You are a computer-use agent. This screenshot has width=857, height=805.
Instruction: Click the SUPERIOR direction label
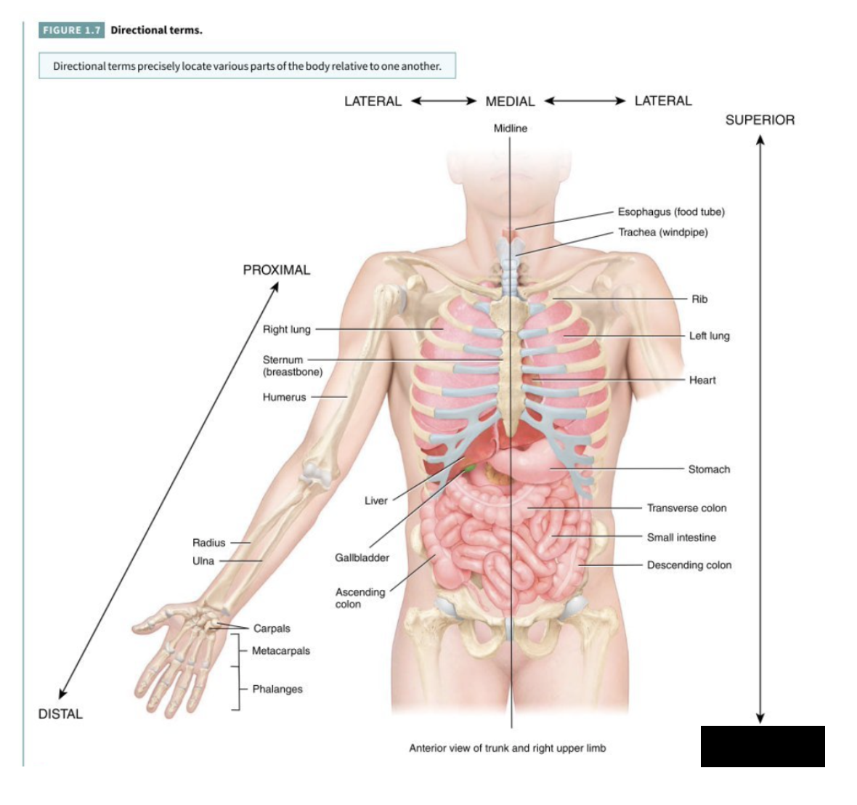[760, 120]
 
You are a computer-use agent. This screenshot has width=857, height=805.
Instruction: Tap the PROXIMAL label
[276, 270]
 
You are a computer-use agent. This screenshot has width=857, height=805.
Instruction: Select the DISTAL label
[60, 714]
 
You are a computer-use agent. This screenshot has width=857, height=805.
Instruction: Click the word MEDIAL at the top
[510, 102]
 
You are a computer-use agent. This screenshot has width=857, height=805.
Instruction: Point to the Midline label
[510, 129]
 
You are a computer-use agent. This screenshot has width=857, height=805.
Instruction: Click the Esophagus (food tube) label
[671, 212]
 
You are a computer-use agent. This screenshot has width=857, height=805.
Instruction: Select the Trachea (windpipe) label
[662, 232]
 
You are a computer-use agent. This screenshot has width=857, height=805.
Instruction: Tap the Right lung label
[286, 329]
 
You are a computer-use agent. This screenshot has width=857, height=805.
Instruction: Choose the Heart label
[702, 380]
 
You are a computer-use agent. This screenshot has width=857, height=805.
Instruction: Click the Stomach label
[709, 469]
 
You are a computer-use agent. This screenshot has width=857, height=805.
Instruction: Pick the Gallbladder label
[362, 558]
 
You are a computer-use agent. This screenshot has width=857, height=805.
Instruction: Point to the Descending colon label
[689, 565]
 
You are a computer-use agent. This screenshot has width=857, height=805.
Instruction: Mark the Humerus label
[284, 397]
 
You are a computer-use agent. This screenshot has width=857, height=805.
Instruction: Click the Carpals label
[272, 628]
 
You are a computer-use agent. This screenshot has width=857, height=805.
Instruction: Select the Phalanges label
[277, 689]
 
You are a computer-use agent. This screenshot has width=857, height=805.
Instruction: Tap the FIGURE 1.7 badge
[71, 30]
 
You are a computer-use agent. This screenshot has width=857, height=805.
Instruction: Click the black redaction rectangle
[763, 746]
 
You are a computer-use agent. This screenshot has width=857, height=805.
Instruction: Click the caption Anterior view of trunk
[507, 748]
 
